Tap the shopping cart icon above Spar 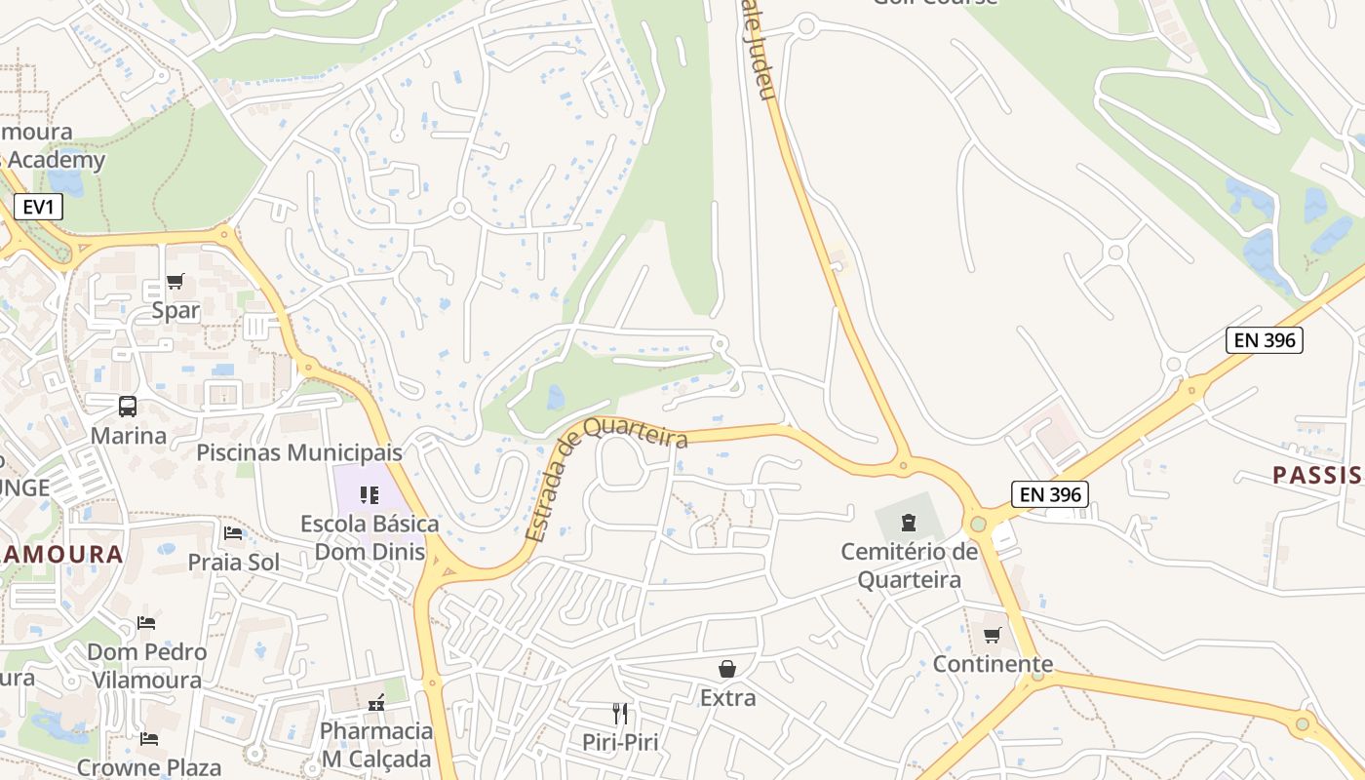point(175,282)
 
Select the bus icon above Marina point(128,406)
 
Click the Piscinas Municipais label point(299,452)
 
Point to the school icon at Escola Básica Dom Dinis point(369,495)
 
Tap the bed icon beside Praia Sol point(233,532)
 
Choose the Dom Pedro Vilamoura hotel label point(147,665)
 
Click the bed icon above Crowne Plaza point(149,738)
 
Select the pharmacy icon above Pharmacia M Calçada point(375,702)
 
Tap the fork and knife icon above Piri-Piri point(619,713)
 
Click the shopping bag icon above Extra point(727,668)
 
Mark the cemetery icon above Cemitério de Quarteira point(909,523)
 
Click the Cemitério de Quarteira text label point(909,565)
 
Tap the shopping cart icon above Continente point(992,635)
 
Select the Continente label point(993,664)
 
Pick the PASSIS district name point(1316,475)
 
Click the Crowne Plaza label point(149,766)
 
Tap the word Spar point(175,311)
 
